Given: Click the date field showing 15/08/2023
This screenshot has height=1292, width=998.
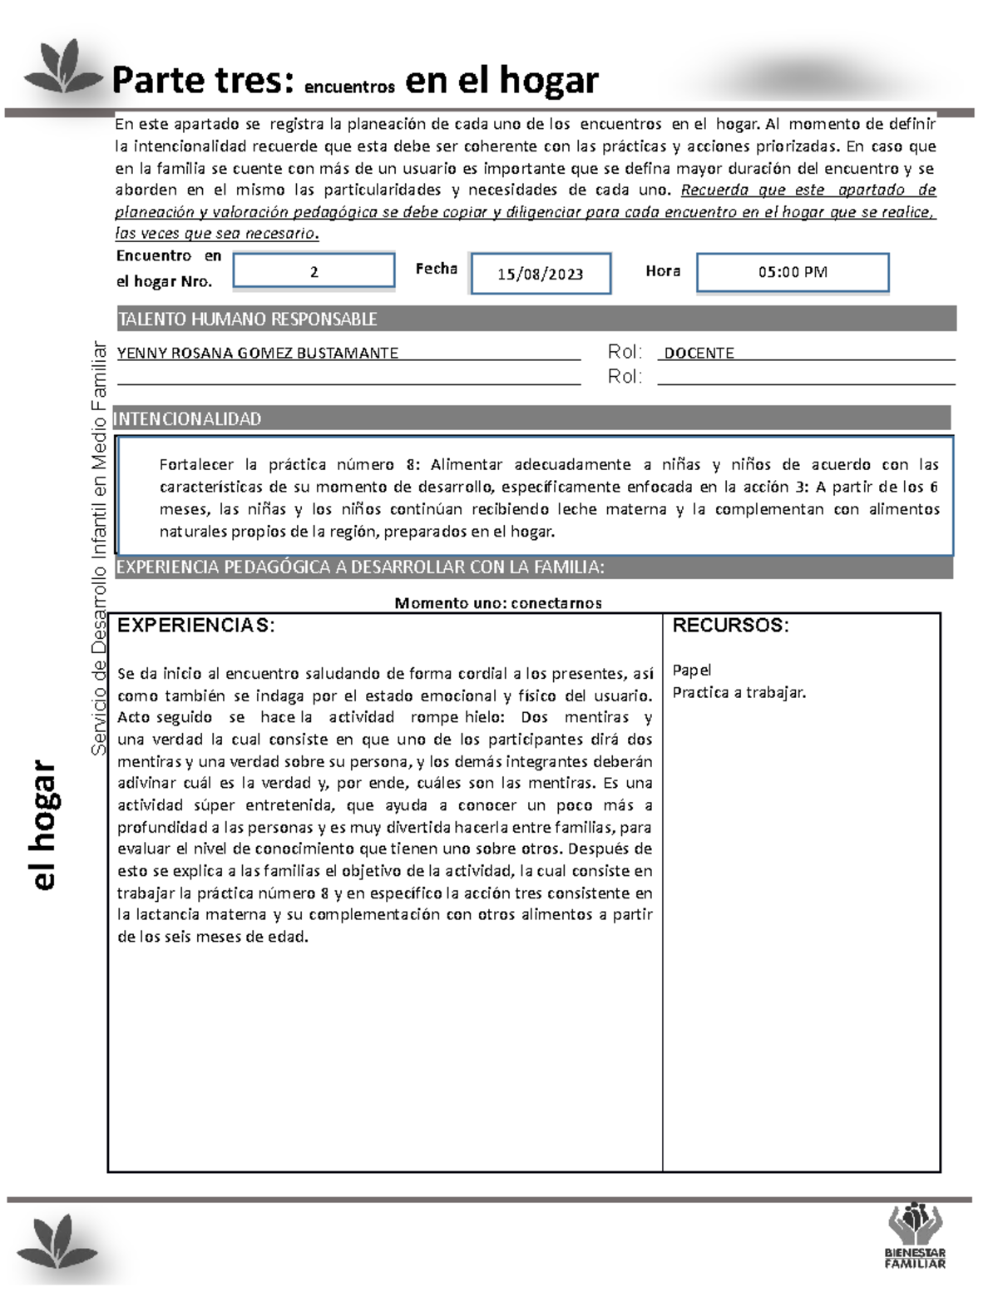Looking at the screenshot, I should coord(541,274).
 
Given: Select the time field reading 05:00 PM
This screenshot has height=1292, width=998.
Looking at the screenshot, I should coord(793,272).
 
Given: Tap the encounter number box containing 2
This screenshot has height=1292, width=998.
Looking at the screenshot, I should coord(314,271).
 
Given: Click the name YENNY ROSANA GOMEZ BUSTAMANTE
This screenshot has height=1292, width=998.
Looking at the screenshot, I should coord(258,353).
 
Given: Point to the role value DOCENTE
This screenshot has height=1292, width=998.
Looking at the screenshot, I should coord(699,353).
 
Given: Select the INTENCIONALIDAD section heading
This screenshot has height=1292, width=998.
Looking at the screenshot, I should coord(188,418).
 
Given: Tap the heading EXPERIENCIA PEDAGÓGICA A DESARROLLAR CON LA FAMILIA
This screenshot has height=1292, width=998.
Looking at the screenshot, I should coord(360,567).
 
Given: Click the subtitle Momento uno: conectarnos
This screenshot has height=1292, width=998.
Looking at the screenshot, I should coord(497,603).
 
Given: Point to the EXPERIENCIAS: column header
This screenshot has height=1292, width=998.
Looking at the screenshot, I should coord(196,626).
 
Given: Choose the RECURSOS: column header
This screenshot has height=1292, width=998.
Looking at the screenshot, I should coord(730,626).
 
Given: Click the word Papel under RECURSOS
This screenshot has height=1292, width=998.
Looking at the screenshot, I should coord(692,670).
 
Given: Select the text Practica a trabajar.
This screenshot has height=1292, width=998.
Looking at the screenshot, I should coord(739,692).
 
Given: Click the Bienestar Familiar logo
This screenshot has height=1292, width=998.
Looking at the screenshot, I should coord(915,1235).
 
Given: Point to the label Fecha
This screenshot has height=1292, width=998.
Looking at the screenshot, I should coord(436,269).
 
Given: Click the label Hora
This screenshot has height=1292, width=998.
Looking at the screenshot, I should coord(663,270).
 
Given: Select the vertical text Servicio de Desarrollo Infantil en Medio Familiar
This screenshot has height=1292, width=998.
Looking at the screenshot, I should coord(99,549).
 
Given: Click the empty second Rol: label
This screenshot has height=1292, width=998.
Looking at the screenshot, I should coord(625,377).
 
